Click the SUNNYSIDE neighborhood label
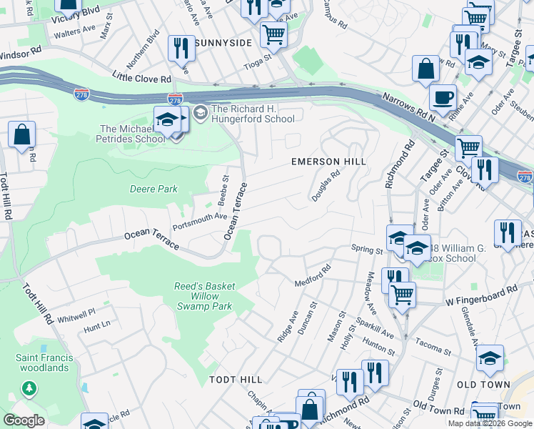coord(224,43)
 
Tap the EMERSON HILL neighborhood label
coord(328,162)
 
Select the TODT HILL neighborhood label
coord(236,378)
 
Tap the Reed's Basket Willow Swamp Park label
coord(205,296)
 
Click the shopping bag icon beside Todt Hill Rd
coord(22,134)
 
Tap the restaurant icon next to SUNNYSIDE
coord(181,48)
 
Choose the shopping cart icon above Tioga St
coord(273,33)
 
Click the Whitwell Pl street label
coord(76,314)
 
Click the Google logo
coord(24,420)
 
